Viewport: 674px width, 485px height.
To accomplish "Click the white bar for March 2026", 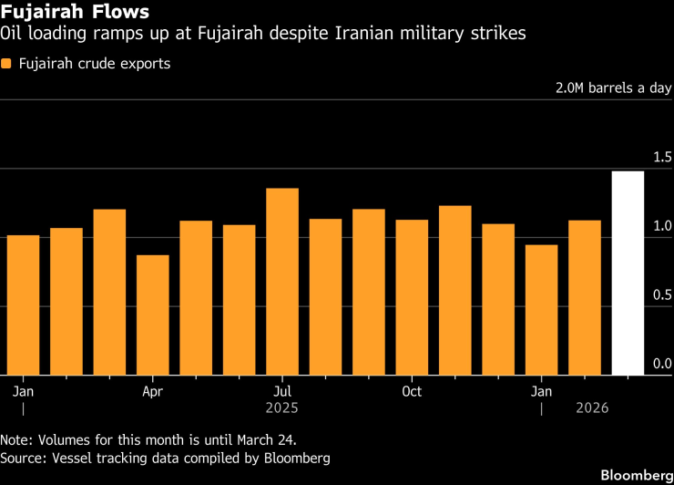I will tap(628, 273).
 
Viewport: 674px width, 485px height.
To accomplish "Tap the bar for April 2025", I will tap(153, 315).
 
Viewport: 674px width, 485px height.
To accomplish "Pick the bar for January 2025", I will tap(23, 304).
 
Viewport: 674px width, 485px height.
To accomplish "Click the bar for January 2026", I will tap(542, 309).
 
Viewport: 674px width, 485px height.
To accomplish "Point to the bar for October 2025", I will tap(412, 297).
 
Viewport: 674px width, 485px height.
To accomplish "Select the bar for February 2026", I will tap(585, 297).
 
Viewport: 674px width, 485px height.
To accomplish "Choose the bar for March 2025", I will tap(109, 292).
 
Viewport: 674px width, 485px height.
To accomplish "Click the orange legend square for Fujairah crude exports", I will tap(7, 65).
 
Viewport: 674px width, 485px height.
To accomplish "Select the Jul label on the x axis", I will tap(282, 391).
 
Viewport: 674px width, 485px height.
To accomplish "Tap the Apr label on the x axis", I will tap(153, 391).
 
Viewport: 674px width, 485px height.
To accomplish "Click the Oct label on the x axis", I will tap(412, 391).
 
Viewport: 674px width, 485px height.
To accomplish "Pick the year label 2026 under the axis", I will tap(592, 408).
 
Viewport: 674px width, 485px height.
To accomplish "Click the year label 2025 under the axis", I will tap(282, 408).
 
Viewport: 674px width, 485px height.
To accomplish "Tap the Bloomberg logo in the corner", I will tap(628, 475).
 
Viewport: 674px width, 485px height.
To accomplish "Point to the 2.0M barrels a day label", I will tap(613, 89).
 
